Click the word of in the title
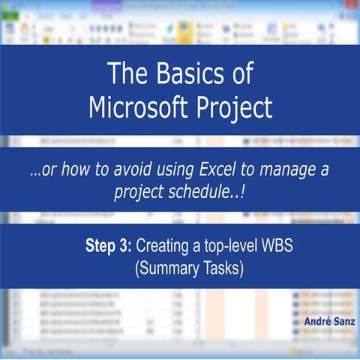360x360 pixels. tap(240, 73)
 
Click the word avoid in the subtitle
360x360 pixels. tap(123, 170)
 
